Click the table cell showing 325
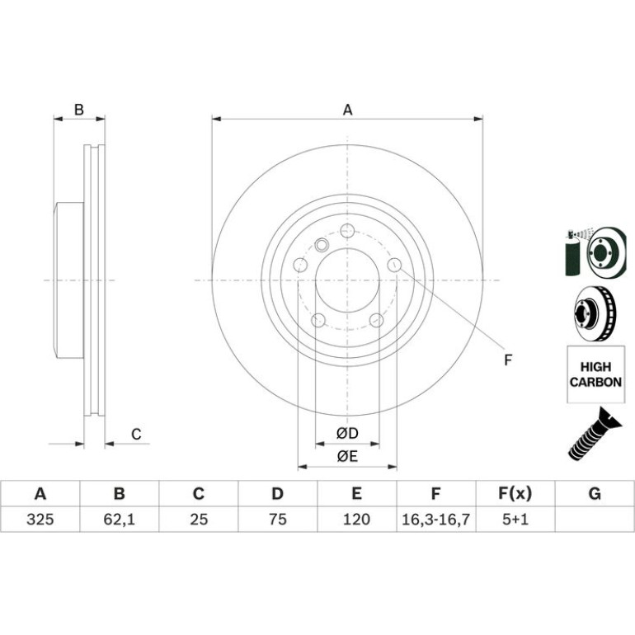pyautogui.click(x=40, y=520)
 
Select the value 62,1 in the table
pyautogui.click(x=119, y=520)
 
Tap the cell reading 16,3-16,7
pyautogui.click(x=435, y=520)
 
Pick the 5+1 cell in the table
pyautogui.click(x=515, y=520)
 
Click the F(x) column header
pyautogui.click(x=515, y=494)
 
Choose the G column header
pyautogui.click(x=595, y=494)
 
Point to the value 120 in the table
pyautogui.click(x=356, y=520)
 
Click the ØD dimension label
pyautogui.click(x=347, y=433)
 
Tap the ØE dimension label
pyautogui.click(x=347, y=456)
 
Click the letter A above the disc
pyautogui.click(x=347, y=110)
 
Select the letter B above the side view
pyautogui.click(x=79, y=110)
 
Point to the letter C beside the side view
pyautogui.click(x=136, y=434)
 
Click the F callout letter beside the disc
pyautogui.click(x=508, y=360)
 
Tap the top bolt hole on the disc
pyautogui.click(x=347, y=231)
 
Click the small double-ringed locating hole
pyautogui.click(x=322, y=245)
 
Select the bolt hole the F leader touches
pyautogui.click(x=394, y=266)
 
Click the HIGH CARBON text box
pyautogui.click(x=595, y=374)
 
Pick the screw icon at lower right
pyautogui.click(x=595, y=434)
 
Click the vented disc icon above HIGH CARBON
pyautogui.click(x=595, y=313)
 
